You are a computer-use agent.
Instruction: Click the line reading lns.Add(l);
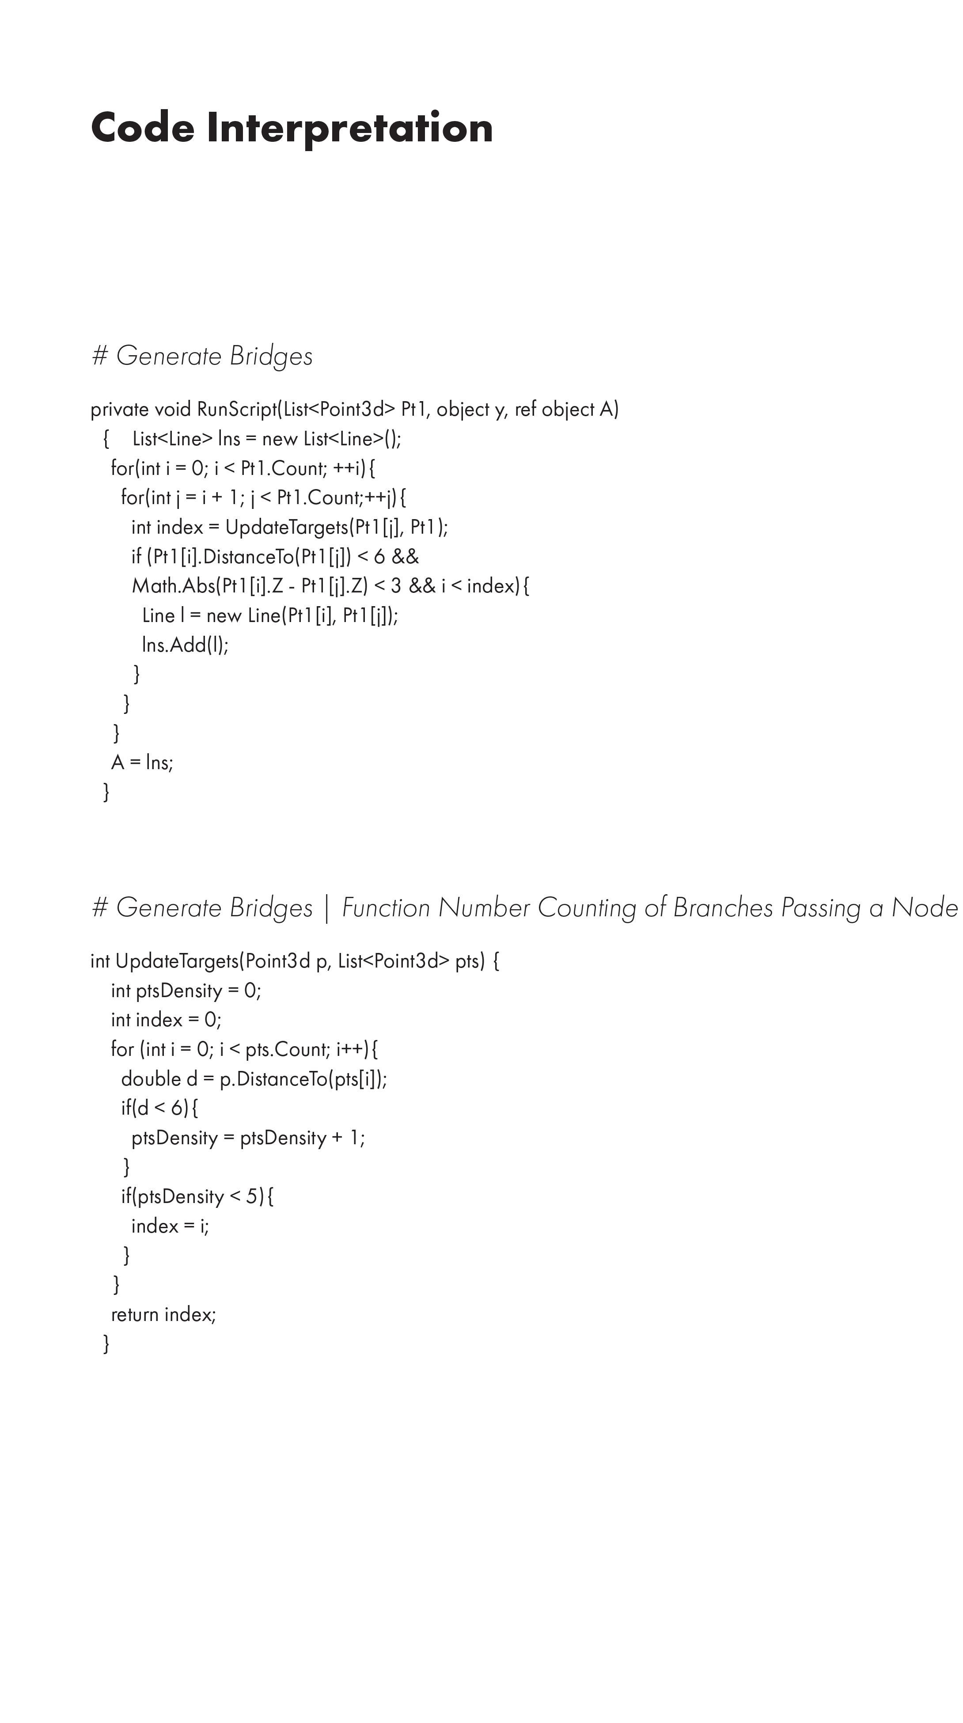pyautogui.click(x=185, y=645)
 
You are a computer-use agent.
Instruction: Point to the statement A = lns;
pyautogui.click(x=142, y=763)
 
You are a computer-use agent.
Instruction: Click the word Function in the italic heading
pyautogui.click(x=386, y=907)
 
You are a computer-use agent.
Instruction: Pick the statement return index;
pyautogui.click(x=163, y=1314)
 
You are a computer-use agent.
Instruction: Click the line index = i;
pyautogui.click(x=170, y=1226)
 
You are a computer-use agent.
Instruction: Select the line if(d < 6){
pyautogui.click(x=159, y=1108)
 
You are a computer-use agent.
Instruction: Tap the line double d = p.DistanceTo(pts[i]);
pyautogui.click(x=254, y=1079)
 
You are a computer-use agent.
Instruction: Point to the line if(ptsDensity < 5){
pyautogui.click(x=197, y=1197)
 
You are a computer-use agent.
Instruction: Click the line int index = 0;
pyautogui.click(x=166, y=1020)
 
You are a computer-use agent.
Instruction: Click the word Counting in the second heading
pyautogui.click(x=587, y=907)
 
